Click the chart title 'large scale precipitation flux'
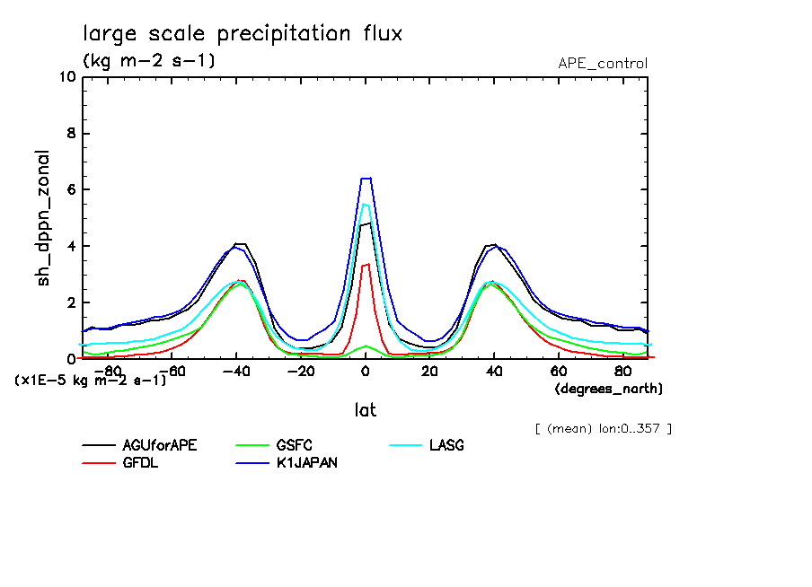pyautogui.click(x=243, y=34)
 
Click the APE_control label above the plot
pyautogui.click(x=602, y=64)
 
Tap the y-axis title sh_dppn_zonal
pyautogui.click(x=43, y=218)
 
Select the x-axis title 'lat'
pyautogui.click(x=365, y=410)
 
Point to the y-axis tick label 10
pyautogui.click(x=66, y=77)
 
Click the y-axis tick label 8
pyautogui.click(x=71, y=134)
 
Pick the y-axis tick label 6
pyautogui.click(x=71, y=190)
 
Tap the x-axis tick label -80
pyautogui.click(x=108, y=371)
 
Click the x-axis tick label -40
pyautogui.click(x=236, y=371)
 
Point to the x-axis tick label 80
pyautogui.click(x=622, y=371)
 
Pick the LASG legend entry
pyautogui.click(x=446, y=446)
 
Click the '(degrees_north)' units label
pyautogui.click(x=609, y=390)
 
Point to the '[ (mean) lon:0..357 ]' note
pyautogui.click(x=603, y=428)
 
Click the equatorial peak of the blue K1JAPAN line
pyautogui.click(x=366, y=179)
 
